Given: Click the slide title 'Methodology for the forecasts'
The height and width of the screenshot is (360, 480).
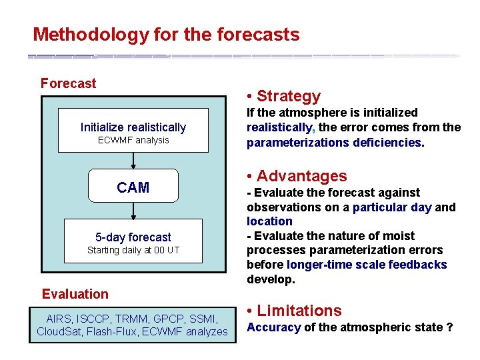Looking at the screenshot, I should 166,34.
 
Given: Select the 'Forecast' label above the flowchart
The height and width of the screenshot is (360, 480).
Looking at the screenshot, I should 68,83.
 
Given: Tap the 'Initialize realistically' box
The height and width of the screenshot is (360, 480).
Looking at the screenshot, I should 133,127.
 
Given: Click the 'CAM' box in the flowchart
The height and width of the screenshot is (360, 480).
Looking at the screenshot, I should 133,187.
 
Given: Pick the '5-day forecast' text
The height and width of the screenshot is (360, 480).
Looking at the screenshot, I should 133,237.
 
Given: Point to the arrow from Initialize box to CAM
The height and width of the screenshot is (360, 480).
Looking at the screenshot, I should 133,160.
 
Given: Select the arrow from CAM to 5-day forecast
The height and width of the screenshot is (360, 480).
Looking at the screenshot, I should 133,210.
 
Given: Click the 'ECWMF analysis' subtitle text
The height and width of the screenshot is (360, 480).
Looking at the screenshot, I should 133,140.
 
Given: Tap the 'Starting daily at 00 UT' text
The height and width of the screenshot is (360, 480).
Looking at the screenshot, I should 133,250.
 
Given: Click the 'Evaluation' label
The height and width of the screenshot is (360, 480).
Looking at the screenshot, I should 75,294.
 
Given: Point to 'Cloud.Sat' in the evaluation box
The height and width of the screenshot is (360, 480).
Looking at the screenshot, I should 59,331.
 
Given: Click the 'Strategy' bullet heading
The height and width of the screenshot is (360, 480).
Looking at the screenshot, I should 288,96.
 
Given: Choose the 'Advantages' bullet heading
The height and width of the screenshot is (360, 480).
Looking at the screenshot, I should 301,176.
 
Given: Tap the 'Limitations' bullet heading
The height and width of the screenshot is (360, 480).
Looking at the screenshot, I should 299,311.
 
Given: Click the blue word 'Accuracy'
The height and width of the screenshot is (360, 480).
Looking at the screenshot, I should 273,327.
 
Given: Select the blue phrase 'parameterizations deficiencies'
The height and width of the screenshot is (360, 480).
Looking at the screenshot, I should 333,142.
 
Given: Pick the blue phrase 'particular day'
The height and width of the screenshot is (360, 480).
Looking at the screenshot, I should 392,207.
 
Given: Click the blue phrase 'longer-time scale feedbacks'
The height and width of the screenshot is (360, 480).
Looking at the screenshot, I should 367,265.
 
